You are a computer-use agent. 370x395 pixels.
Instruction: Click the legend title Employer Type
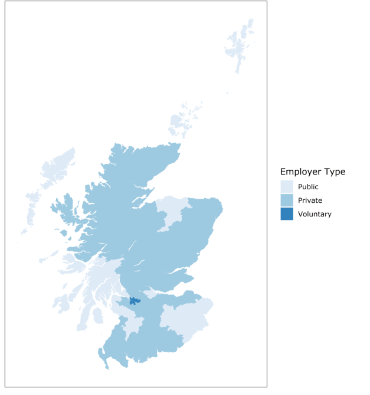[x=313, y=172]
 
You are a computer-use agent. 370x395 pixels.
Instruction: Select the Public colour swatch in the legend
[x=287, y=187]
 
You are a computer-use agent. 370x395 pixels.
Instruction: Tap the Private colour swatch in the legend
[x=287, y=200]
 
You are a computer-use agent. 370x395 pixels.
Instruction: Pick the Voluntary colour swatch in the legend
[x=287, y=214]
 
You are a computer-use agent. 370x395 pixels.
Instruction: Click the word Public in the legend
[x=308, y=187]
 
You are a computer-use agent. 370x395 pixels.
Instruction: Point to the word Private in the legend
[x=310, y=200]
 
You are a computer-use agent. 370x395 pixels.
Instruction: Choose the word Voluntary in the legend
[x=315, y=214]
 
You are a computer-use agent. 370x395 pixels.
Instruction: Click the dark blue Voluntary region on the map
[x=134, y=301]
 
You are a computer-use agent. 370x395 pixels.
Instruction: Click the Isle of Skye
[x=64, y=206]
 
